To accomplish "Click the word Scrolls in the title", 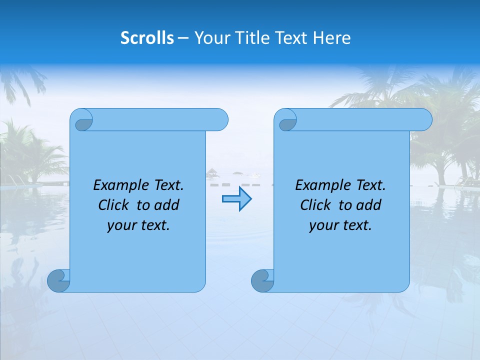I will point(147,38).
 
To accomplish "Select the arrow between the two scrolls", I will point(236,199).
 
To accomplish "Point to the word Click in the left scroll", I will point(114,205).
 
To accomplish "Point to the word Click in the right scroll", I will point(316,205).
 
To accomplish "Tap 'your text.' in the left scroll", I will point(138,225).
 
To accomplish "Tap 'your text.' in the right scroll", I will point(340,225).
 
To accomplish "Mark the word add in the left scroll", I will point(166,205).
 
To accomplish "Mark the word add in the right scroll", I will point(368,205).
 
